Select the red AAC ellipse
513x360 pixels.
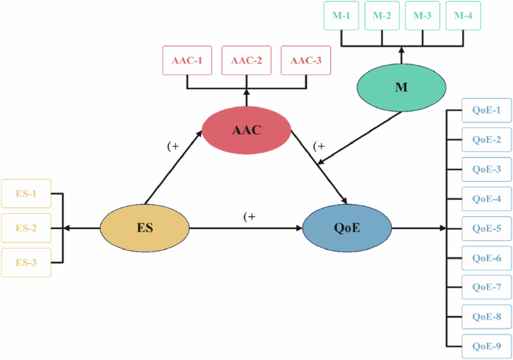click(x=246, y=129)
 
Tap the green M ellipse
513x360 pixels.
click(x=401, y=88)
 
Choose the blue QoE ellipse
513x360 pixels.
click(x=347, y=228)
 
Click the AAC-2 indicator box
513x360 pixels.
click(x=246, y=61)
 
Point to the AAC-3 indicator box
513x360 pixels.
click(x=306, y=61)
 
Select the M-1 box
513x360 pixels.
click(x=341, y=16)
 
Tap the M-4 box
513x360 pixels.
click(x=464, y=16)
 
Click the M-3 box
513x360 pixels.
click(x=422, y=16)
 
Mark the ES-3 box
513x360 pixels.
click(x=26, y=263)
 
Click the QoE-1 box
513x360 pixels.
click(x=486, y=111)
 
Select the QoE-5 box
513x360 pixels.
click(x=486, y=228)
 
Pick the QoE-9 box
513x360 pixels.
click(x=486, y=345)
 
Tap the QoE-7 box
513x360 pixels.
click(x=486, y=287)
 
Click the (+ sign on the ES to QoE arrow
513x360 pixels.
click(x=249, y=216)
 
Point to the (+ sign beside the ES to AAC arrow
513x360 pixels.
click(x=173, y=147)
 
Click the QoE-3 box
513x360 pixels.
click(x=486, y=169)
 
